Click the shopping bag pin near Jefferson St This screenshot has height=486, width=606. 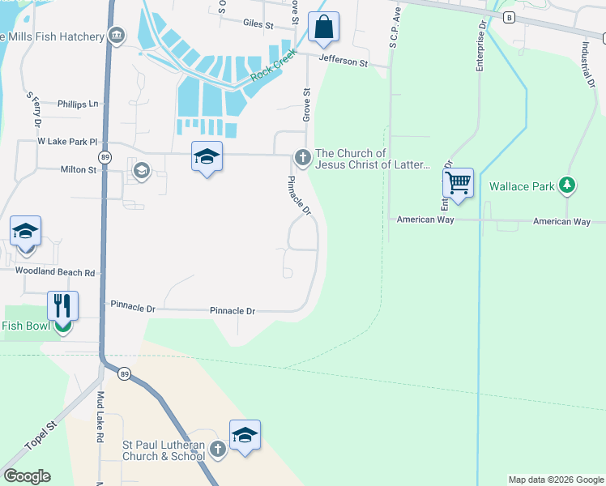[323, 27]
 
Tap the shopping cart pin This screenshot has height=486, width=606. [458, 183]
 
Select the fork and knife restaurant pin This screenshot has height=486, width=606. [62, 306]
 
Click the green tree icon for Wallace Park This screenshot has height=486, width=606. [567, 186]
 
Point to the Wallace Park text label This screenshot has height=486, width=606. [522, 186]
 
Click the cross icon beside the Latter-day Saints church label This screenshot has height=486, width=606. [303, 157]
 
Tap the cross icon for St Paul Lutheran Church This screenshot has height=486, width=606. [216, 449]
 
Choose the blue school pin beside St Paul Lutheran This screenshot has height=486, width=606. [245, 435]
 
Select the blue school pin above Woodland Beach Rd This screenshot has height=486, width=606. [25, 232]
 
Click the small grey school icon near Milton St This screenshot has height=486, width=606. [142, 171]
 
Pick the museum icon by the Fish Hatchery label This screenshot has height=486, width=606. [117, 36]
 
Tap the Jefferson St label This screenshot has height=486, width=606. [343, 61]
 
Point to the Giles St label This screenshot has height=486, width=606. [259, 24]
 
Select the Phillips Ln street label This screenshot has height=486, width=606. [77, 104]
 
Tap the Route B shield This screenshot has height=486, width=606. [509, 17]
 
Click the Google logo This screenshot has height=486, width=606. [27, 476]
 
